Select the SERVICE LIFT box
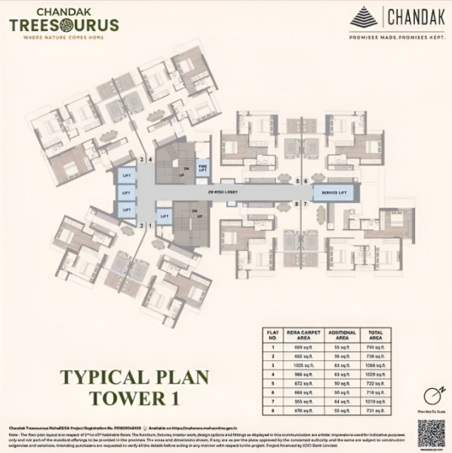pyautogui.click(x=334, y=193)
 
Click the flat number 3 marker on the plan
pyautogui.click(x=142, y=160)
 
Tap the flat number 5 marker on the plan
pyautogui.click(x=297, y=181)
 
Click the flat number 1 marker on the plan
pyautogui.click(x=150, y=225)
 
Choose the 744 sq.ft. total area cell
pyautogui.click(x=375, y=344)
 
